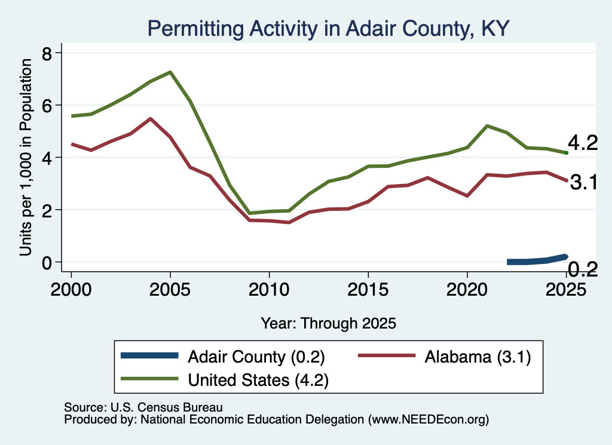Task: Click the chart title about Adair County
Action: click(328, 29)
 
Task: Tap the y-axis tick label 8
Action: click(47, 53)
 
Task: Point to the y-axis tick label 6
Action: click(47, 106)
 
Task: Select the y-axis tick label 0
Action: click(47, 263)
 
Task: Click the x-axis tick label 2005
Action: click(170, 289)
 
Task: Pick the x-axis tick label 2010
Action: click(269, 289)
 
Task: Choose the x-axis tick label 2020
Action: click(467, 289)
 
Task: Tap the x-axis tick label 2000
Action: click(71, 289)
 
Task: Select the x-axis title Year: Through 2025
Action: click(328, 323)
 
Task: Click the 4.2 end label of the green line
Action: click(582, 143)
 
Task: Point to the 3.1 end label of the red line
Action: click(583, 182)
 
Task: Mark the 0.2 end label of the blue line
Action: click(582, 269)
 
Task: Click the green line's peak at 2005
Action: click(170, 72)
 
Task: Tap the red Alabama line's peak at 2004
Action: click(150, 118)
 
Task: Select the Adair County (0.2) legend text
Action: click(256, 357)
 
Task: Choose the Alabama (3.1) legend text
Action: click(478, 357)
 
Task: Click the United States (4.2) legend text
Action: click(258, 380)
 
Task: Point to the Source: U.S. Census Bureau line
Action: click(143, 407)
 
